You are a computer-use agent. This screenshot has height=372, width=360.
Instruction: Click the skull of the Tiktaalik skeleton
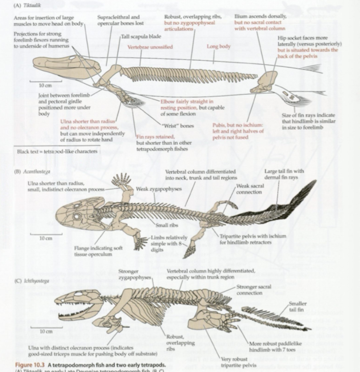65,66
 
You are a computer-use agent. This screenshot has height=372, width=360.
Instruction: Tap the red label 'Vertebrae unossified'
150,47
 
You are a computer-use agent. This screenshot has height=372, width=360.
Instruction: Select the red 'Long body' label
218,46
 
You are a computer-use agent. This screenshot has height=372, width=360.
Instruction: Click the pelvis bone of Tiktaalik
266,81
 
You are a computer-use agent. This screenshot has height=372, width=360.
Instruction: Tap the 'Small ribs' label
167,225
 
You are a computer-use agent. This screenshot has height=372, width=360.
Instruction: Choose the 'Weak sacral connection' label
250,189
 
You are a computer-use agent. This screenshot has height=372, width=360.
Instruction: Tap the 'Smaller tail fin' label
298,306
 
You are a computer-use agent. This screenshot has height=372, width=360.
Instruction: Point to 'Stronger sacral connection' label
254,290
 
